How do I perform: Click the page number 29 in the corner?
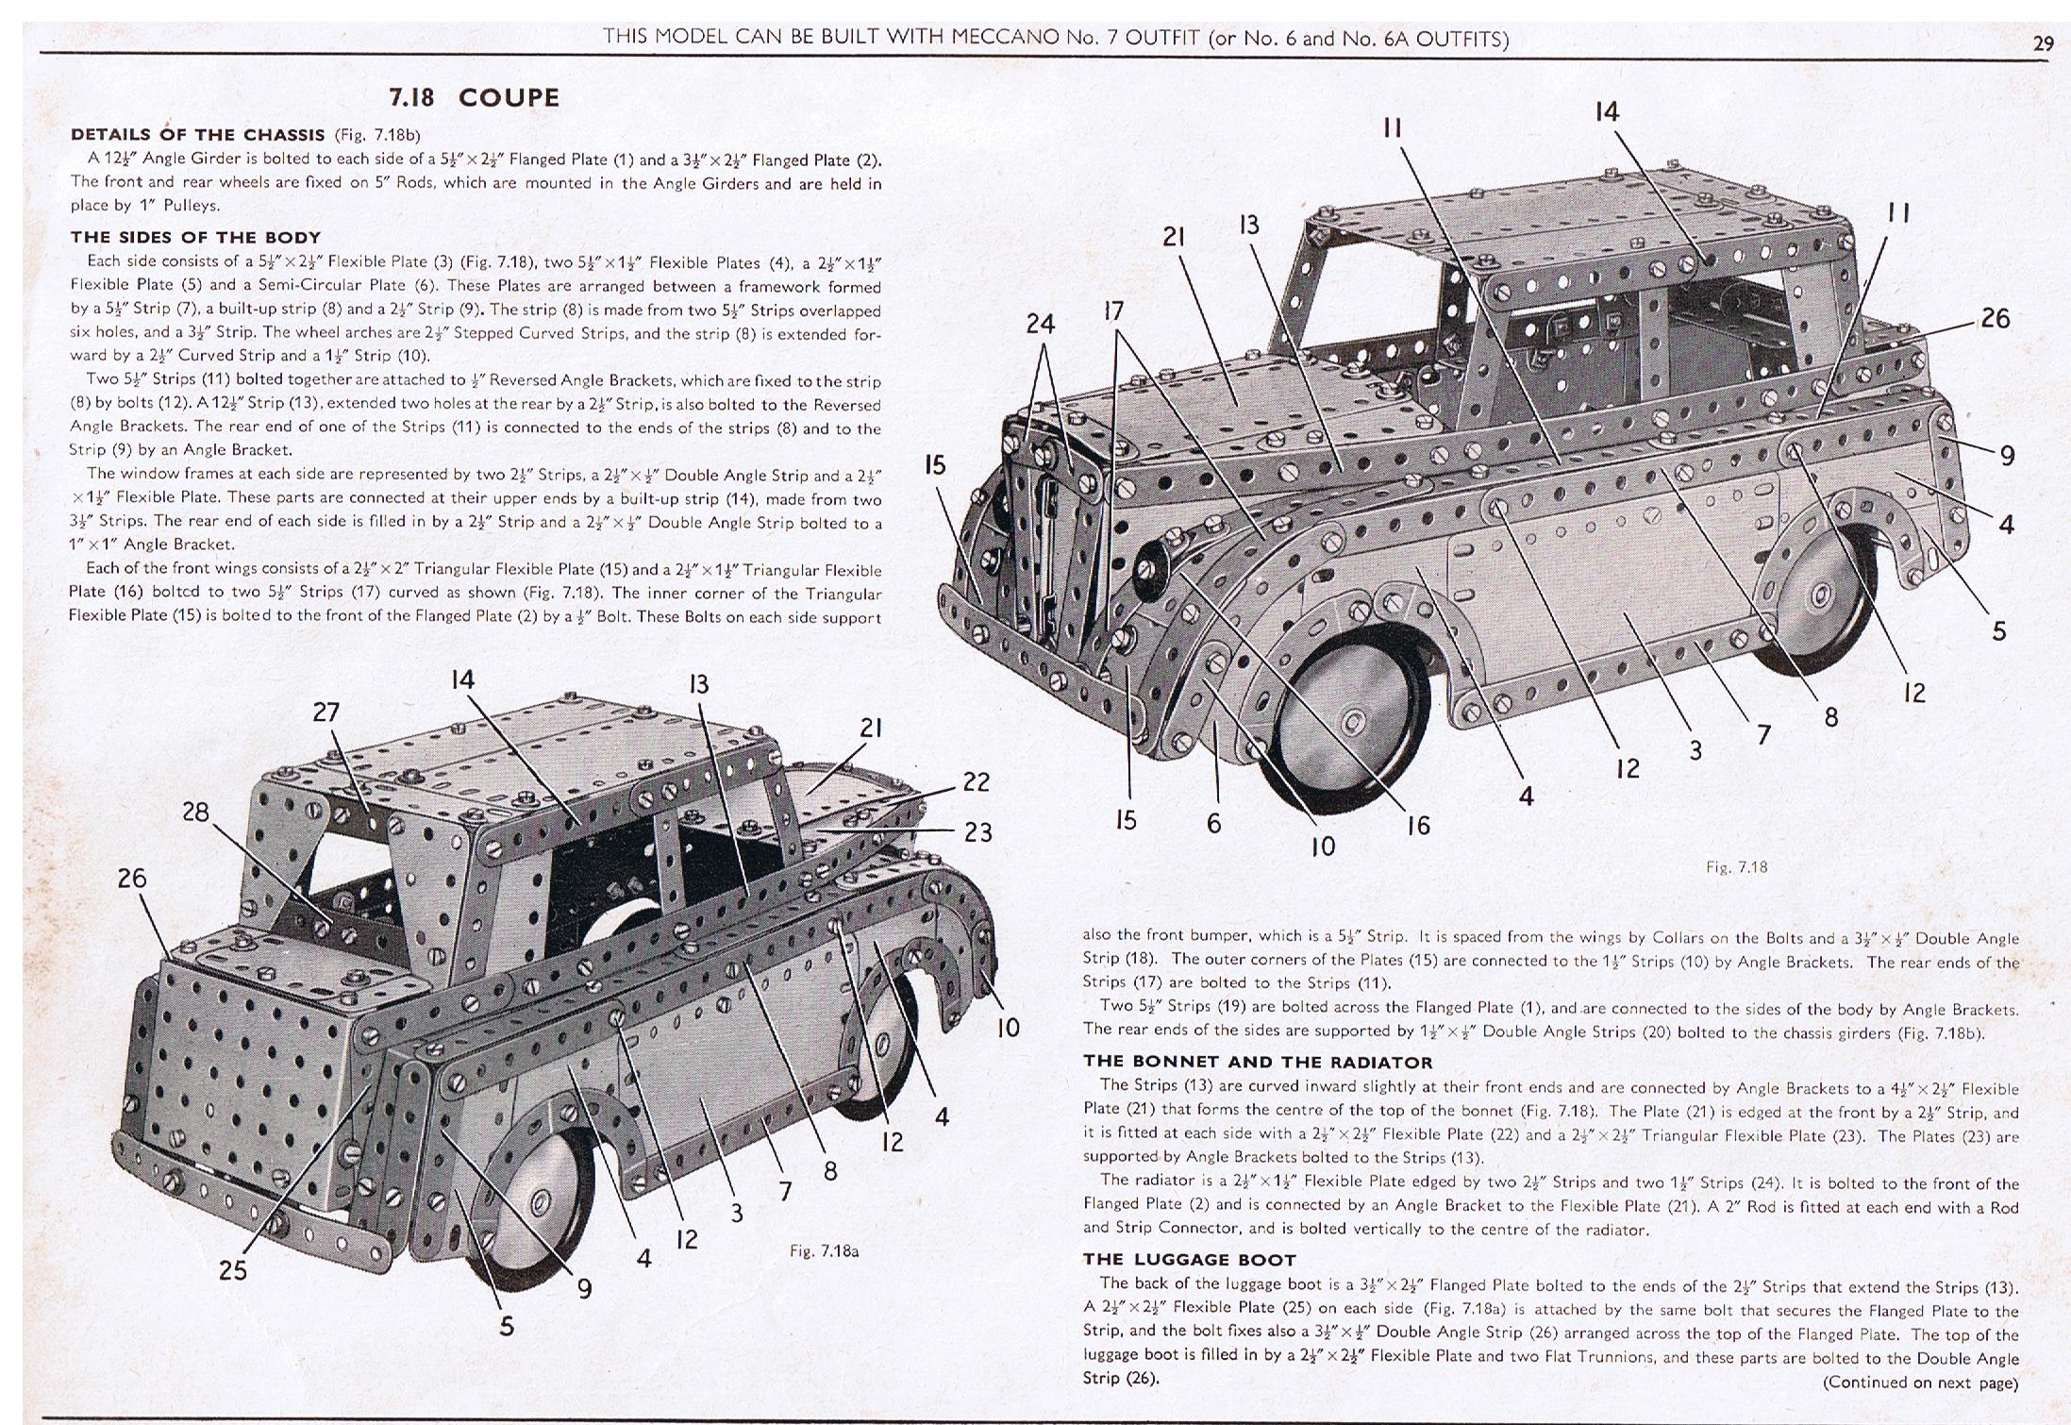[2042, 43]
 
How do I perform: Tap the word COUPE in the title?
[509, 97]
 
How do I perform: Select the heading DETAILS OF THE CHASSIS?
[197, 135]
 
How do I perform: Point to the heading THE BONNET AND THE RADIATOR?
[1258, 1062]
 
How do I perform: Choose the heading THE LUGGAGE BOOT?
[1189, 1259]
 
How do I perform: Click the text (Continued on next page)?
[1919, 1383]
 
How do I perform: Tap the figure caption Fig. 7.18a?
[824, 1251]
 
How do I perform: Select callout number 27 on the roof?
[326, 712]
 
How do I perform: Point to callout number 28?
[195, 813]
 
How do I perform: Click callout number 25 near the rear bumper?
[233, 1270]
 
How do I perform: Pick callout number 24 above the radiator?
[1040, 324]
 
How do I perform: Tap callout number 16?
[1418, 826]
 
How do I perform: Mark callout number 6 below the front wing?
[1213, 824]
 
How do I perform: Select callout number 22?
[977, 782]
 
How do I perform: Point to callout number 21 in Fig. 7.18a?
[870, 728]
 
